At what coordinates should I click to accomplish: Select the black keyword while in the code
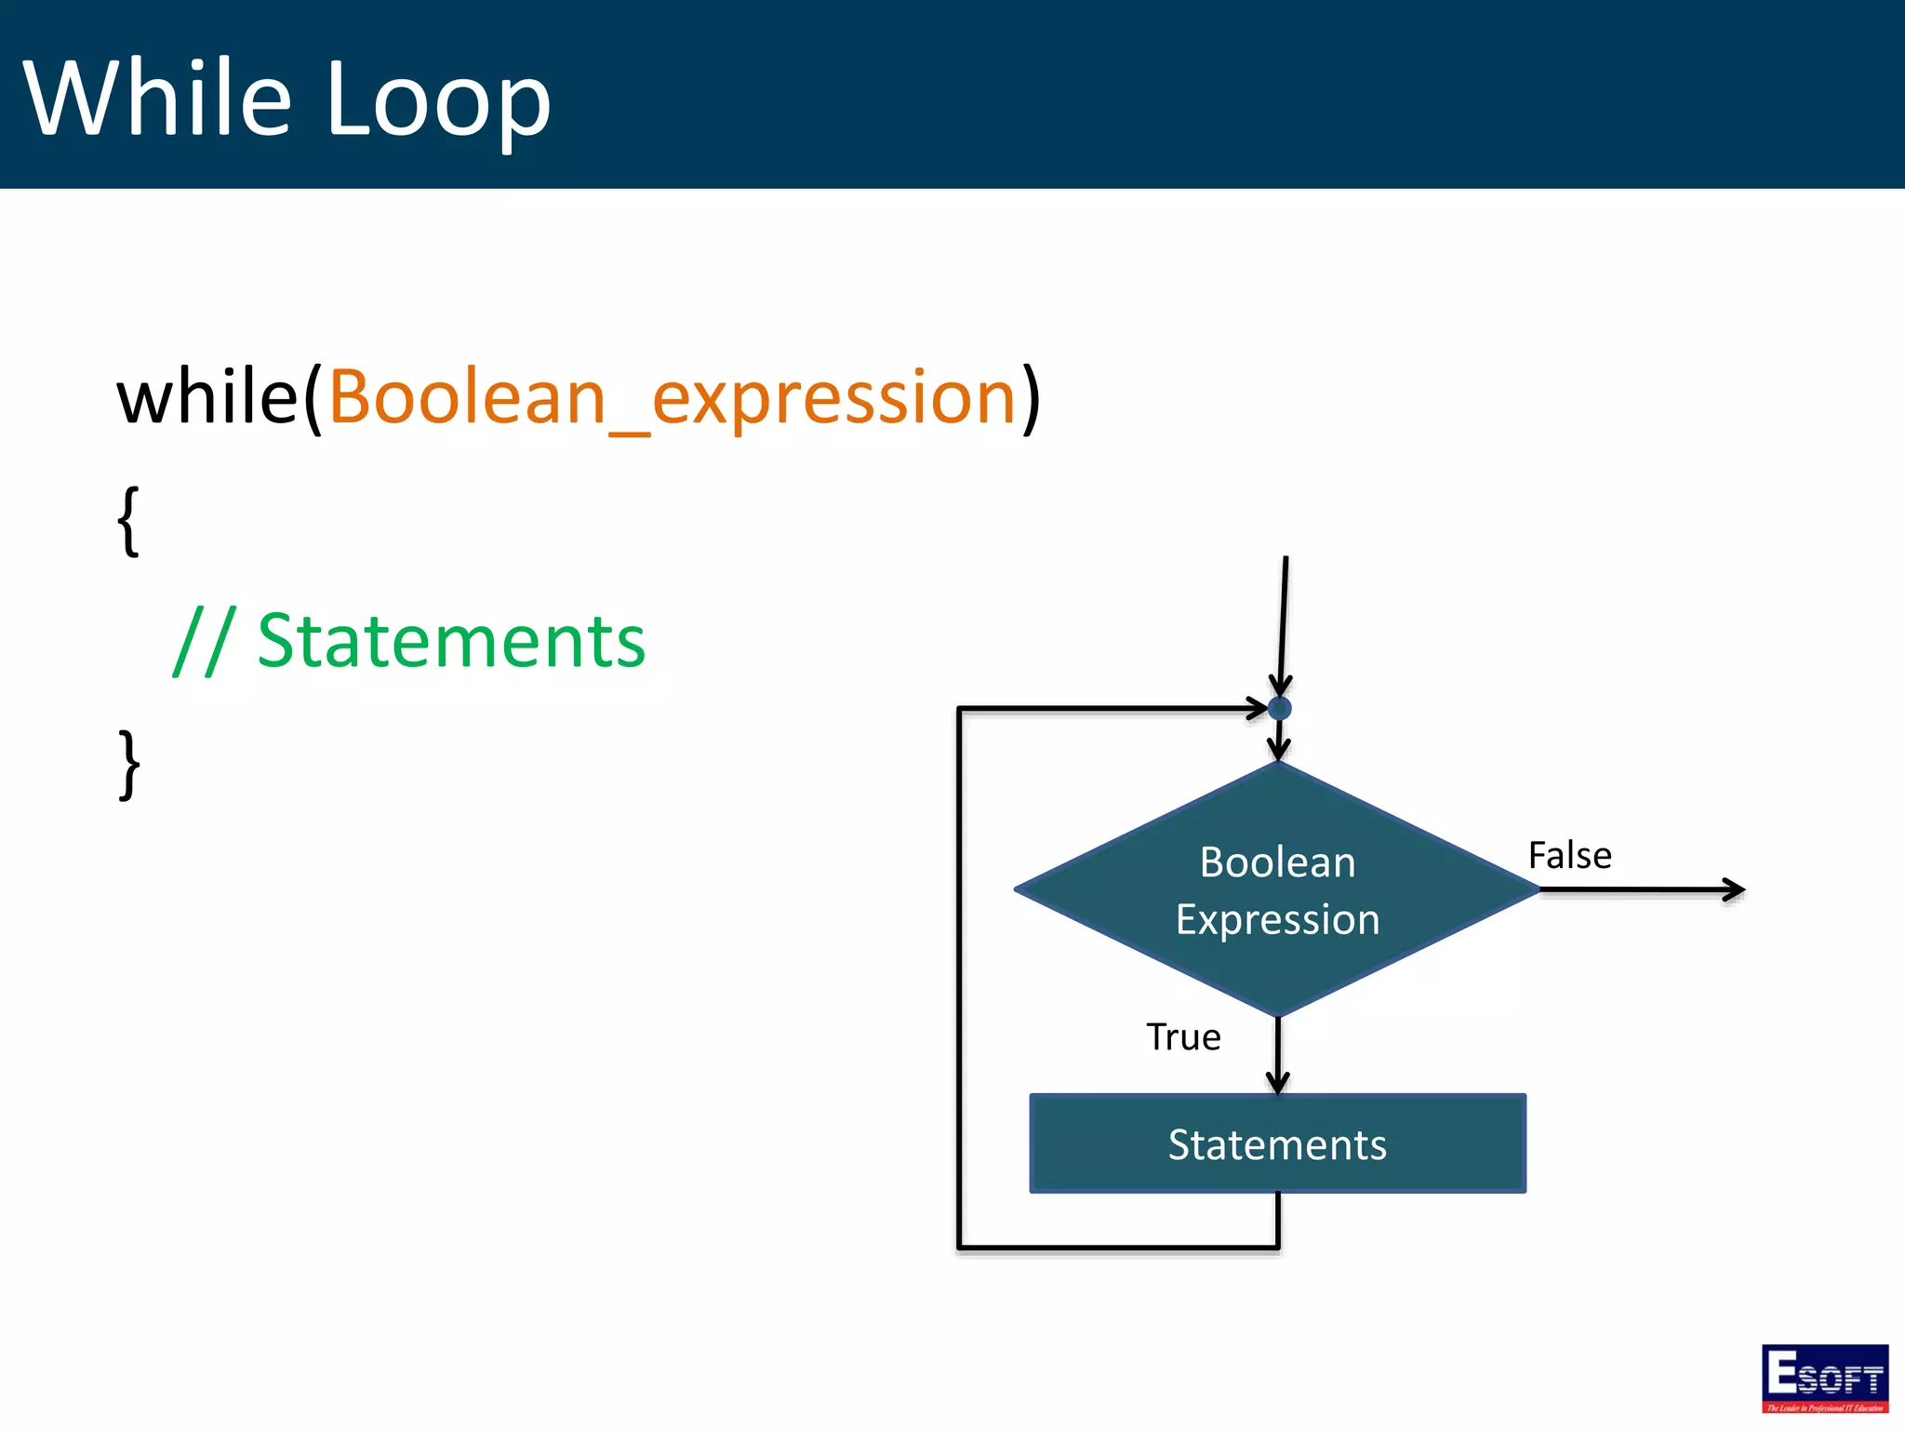coord(206,398)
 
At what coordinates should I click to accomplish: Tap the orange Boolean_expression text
coord(672,398)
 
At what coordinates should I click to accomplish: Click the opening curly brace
coord(128,521)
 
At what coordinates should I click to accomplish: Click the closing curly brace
coord(128,765)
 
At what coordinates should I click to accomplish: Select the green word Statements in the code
coord(450,642)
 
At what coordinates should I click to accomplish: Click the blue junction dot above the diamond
coord(1279,709)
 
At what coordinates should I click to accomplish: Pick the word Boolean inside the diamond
coord(1277,862)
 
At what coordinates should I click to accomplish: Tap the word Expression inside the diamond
coord(1277,920)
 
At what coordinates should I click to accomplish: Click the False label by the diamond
coord(1569,856)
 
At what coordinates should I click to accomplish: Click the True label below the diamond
coord(1182,1037)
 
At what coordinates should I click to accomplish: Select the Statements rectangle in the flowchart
coord(1277,1144)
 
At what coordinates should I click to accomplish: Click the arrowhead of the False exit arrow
coord(1736,889)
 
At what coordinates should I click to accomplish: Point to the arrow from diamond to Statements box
coord(1278,1056)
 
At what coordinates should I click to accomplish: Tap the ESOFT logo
coord(1824,1378)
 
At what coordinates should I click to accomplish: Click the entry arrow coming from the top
coord(1283,623)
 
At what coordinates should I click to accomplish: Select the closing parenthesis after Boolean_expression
coord(1031,398)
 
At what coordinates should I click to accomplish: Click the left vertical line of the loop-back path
coord(959,977)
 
